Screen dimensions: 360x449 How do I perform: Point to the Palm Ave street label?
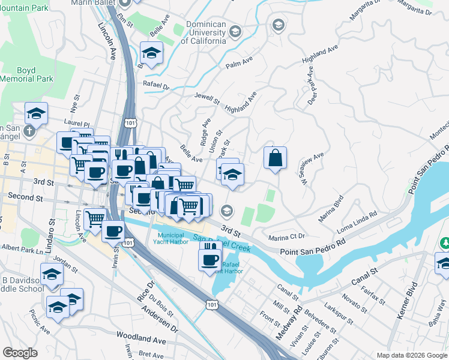pos(237,65)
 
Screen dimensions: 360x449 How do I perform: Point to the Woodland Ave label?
pos(141,340)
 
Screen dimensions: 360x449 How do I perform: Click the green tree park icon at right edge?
pos(444,244)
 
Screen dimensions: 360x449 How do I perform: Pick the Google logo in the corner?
pos(20,353)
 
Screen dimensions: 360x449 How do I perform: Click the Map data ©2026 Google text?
pos(411,355)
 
